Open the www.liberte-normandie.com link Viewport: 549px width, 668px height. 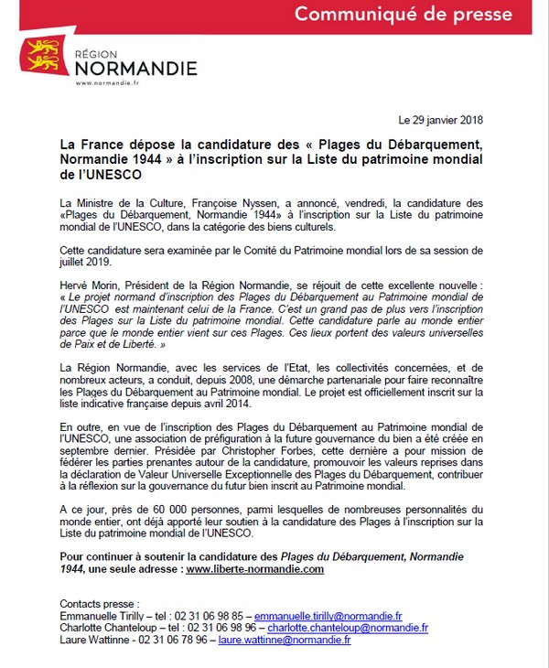click(255, 569)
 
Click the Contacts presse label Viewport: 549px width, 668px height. click(98, 604)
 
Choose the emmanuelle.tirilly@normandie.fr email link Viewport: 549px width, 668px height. click(328, 617)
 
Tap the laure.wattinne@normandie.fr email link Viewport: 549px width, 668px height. click(283, 641)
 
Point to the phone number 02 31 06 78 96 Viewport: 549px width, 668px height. click(166, 641)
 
